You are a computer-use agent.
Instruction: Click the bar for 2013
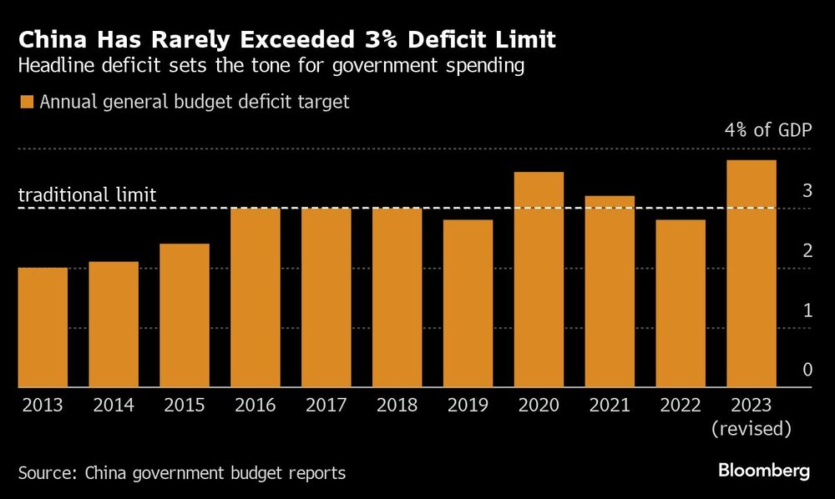[43, 327]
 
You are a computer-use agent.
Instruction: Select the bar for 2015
[185, 315]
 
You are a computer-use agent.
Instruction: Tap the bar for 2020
[539, 280]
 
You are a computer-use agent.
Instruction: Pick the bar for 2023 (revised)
[751, 274]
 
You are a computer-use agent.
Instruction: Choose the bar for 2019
[468, 304]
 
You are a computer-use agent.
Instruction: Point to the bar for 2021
[610, 292]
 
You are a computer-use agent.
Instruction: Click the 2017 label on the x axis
[326, 406]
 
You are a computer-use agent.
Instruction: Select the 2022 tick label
[681, 406]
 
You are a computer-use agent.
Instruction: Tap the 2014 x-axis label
[114, 406]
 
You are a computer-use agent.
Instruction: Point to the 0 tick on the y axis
[806, 370]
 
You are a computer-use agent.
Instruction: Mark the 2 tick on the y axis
[806, 251]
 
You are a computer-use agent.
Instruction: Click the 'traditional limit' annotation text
[87, 195]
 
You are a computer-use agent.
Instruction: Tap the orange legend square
[26, 103]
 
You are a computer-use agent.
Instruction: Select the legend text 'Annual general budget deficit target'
[194, 103]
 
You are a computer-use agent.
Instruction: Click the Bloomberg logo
[764, 471]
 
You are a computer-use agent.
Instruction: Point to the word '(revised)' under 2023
[751, 430]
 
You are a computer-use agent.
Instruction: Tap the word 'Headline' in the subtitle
[53, 67]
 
